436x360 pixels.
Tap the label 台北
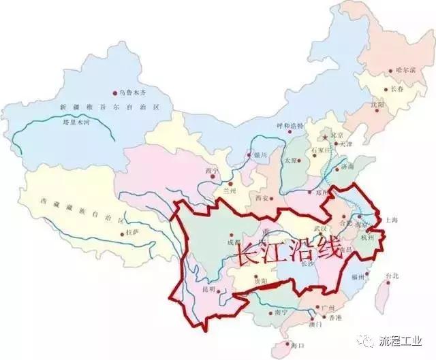[393, 276]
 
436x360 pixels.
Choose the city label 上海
[390, 220]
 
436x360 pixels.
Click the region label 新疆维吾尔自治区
[98, 108]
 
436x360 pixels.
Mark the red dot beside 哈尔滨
[390, 70]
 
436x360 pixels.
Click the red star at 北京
[326, 136]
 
